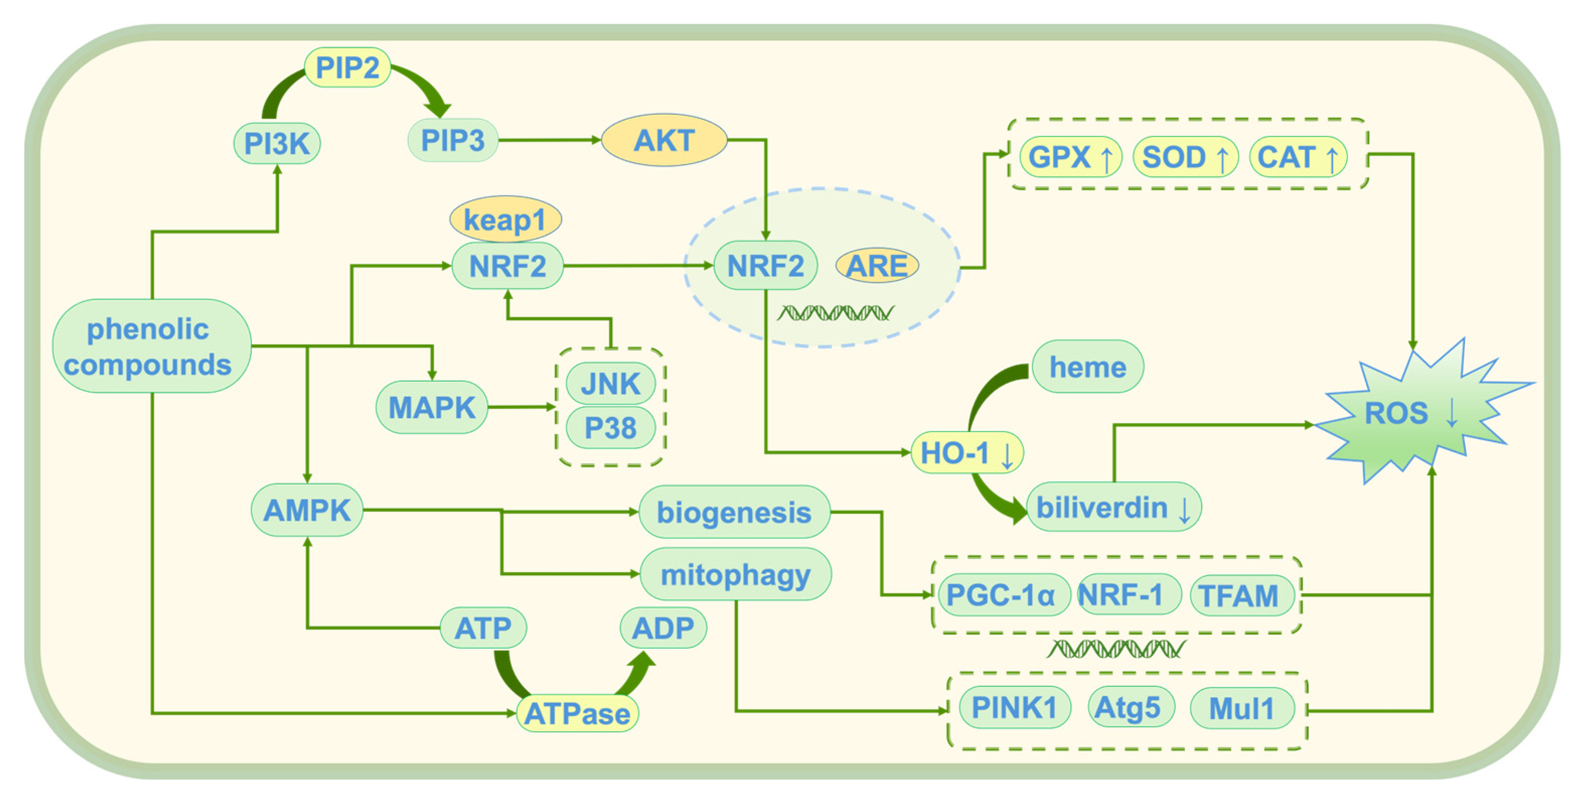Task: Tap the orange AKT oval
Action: [664, 140]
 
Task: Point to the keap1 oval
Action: [505, 219]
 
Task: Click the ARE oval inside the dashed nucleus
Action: [877, 266]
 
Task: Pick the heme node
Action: [1087, 367]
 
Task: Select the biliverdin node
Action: [1113, 507]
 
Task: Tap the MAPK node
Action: [432, 407]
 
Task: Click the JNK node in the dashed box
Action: [610, 384]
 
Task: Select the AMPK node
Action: [306, 510]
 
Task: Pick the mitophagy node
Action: [735, 575]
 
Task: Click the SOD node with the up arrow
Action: [1185, 157]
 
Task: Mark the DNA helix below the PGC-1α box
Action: [1116, 649]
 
